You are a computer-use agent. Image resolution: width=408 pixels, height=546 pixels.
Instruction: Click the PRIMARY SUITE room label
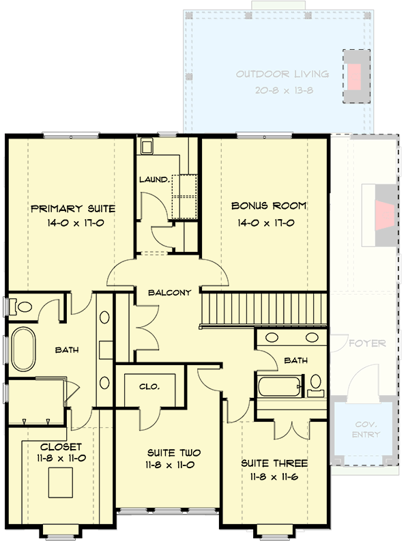(x=72, y=209)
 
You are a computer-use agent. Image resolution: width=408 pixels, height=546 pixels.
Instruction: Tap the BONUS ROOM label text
(x=268, y=205)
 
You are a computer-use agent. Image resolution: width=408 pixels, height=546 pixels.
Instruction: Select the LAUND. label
(x=154, y=179)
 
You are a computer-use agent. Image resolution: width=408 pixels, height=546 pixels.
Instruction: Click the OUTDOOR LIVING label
(x=282, y=74)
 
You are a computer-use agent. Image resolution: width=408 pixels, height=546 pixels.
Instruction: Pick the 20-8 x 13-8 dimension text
(x=282, y=90)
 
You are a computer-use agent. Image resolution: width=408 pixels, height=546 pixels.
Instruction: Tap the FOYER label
(x=368, y=343)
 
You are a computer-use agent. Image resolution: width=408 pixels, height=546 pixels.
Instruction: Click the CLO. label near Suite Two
(x=149, y=386)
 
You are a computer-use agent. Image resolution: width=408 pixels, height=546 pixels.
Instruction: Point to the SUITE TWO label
(x=169, y=452)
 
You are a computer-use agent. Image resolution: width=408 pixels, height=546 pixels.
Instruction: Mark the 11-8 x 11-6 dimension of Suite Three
(x=274, y=476)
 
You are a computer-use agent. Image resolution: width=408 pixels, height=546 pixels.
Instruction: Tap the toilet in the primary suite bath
(x=23, y=307)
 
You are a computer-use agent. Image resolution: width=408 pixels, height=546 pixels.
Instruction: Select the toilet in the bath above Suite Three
(x=316, y=384)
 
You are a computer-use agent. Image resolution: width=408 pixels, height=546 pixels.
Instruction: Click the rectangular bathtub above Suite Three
(x=278, y=386)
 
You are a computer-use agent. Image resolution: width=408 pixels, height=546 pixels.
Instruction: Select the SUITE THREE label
(x=274, y=463)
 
